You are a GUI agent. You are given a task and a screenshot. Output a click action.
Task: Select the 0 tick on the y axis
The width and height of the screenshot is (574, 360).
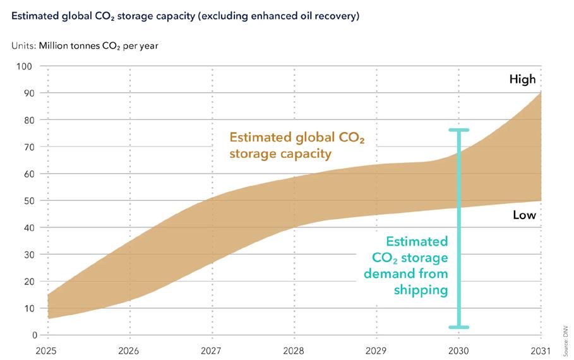(x=34, y=335)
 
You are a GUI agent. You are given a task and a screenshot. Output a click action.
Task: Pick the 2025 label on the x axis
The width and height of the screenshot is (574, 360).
(x=47, y=350)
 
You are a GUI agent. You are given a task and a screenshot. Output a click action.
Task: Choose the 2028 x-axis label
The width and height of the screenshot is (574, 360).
(x=294, y=350)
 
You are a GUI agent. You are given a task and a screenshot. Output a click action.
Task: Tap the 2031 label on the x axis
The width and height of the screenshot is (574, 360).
(x=541, y=350)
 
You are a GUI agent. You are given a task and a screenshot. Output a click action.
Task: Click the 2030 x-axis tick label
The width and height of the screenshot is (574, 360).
(x=458, y=350)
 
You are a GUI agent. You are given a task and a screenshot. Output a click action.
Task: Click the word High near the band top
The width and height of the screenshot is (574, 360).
(x=522, y=80)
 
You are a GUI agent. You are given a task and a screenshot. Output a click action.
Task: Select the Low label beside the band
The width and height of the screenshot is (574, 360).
(x=524, y=215)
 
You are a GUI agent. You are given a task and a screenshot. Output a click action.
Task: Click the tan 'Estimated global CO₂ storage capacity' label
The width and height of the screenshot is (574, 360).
(x=296, y=145)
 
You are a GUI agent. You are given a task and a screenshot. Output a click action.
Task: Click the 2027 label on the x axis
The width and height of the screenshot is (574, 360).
(x=212, y=350)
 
